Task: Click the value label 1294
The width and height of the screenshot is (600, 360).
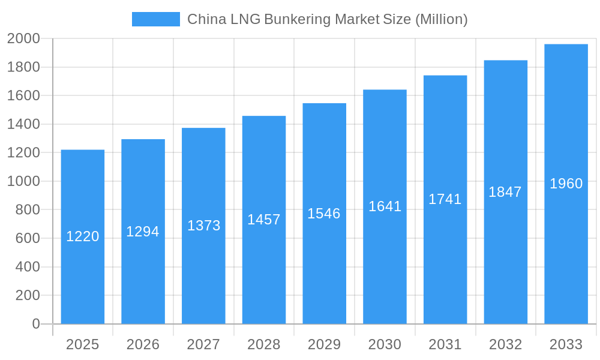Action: coord(143,232)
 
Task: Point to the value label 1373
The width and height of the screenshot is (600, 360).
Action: coord(204,226)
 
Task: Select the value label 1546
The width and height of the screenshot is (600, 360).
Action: coord(324,214)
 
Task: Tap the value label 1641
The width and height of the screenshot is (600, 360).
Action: coord(385,206)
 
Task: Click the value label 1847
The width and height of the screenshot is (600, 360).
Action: coord(505,192)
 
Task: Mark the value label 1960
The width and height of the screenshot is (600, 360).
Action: coord(566,184)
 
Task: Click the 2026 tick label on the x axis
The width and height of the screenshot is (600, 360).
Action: coord(143,344)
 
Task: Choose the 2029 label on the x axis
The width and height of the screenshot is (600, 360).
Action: coord(324,344)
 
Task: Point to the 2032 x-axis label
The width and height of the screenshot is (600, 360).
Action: coord(505,344)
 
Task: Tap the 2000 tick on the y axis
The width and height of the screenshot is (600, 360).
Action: coord(23,39)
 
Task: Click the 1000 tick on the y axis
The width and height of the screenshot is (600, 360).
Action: coord(23,181)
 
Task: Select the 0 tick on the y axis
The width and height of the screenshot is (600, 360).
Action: coord(35,324)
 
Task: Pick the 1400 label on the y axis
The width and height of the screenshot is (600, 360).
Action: coord(23,124)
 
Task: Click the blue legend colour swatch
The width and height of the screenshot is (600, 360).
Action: coord(156,19)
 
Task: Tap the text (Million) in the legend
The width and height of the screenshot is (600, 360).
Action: coord(441,19)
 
